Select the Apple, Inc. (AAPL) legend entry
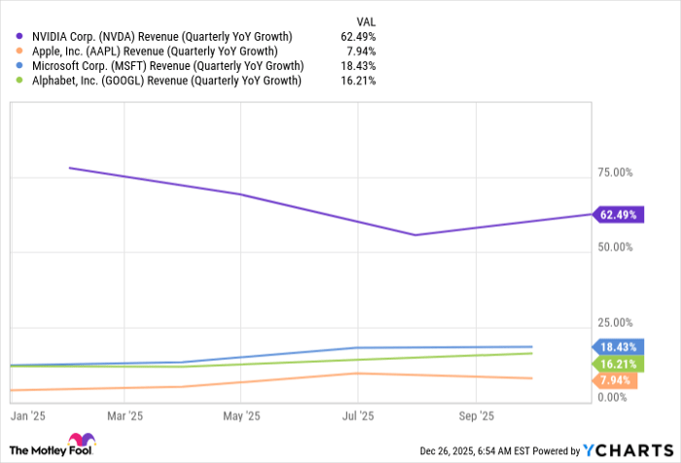153,52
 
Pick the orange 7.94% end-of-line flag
617,379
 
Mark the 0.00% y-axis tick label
617,397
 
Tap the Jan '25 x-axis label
27,414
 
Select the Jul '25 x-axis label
358,414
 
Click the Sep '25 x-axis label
476,414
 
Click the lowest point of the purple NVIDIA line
415,234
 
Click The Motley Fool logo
51,445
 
